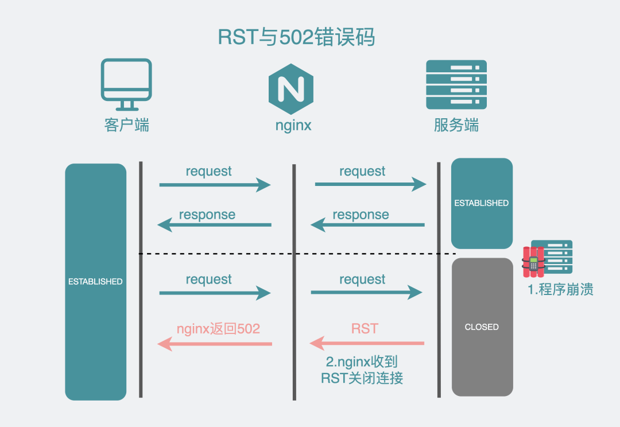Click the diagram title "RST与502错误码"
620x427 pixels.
296,37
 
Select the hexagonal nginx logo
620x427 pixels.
291,89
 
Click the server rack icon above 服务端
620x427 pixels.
456,84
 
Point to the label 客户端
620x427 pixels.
126,125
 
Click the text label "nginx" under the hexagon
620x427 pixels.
293,126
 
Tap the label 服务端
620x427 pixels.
456,125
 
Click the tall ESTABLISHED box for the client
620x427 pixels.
96,282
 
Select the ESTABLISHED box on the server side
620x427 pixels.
482,203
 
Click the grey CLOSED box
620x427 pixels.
482,327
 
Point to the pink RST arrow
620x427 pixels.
367,343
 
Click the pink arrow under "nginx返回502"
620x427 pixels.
215,344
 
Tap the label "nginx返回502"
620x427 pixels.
218,329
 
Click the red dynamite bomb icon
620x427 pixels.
533,262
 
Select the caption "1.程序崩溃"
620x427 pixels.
560,289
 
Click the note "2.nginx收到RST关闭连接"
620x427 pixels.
362,370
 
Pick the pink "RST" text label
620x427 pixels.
365,328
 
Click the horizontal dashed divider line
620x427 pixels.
297,254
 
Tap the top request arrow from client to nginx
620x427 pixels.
215,185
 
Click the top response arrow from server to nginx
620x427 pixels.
368,225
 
